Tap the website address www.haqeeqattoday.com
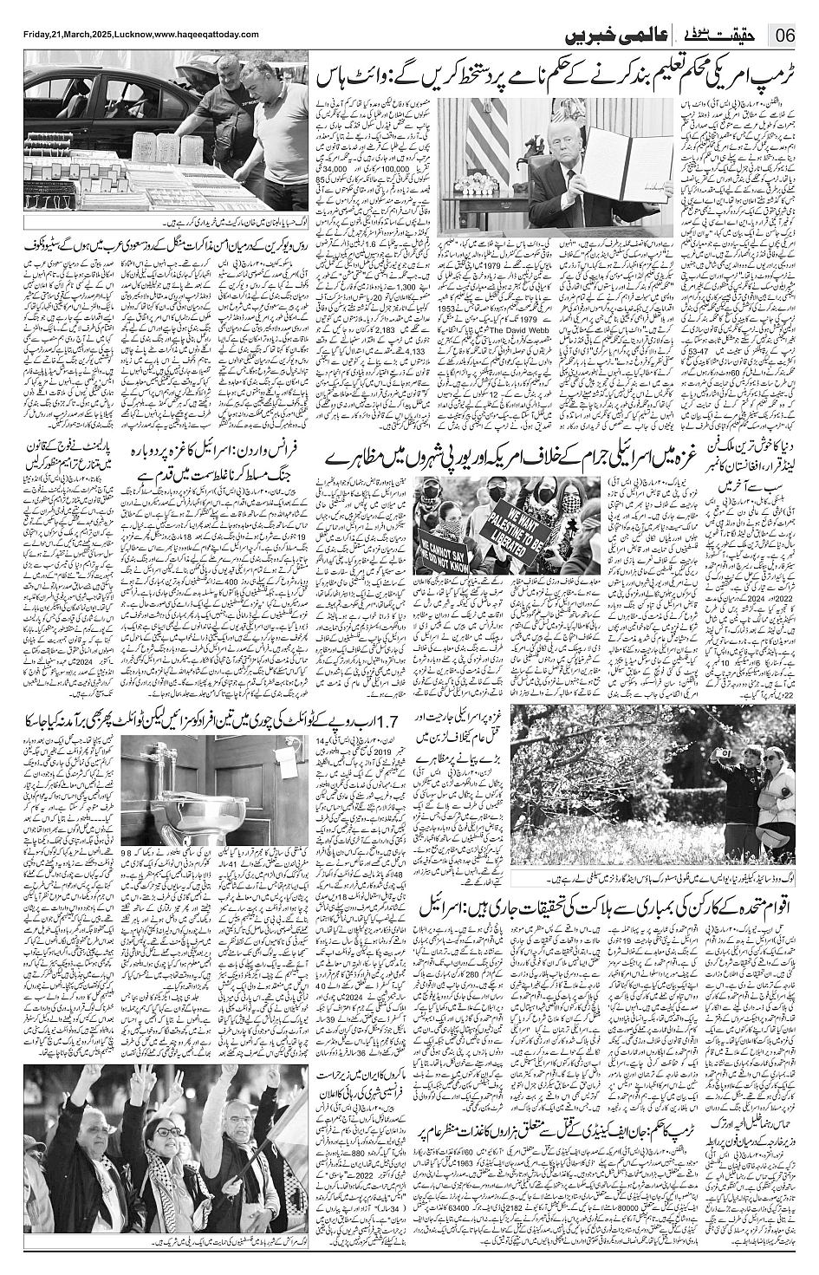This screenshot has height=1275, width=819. [x=207, y=33]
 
